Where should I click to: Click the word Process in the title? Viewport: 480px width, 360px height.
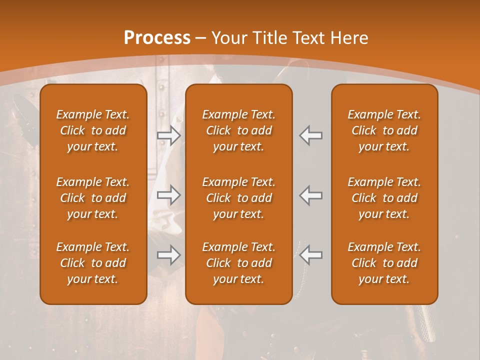pos(157,38)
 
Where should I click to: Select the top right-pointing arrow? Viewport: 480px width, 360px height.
pos(169,135)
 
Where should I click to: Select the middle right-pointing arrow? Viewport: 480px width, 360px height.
pos(169,195)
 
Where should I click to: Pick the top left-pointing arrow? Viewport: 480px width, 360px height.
pos(311,135)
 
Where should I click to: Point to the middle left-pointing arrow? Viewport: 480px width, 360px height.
pos(311,195)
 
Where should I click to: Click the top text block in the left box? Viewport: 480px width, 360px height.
pos(93,130)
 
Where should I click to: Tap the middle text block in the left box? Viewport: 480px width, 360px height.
pos(93,198)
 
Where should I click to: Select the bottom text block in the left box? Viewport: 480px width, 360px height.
pos(93,263)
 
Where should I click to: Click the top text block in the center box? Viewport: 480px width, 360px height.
pos(238,130)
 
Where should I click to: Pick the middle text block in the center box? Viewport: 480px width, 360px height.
pos(238,198)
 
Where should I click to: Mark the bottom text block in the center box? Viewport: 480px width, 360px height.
pos(238,263)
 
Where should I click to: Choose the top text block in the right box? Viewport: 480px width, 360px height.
pos(384,130)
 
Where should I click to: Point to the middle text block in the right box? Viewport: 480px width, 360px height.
pos(384,198)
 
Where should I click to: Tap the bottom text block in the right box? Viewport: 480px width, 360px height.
pos(384,263)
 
